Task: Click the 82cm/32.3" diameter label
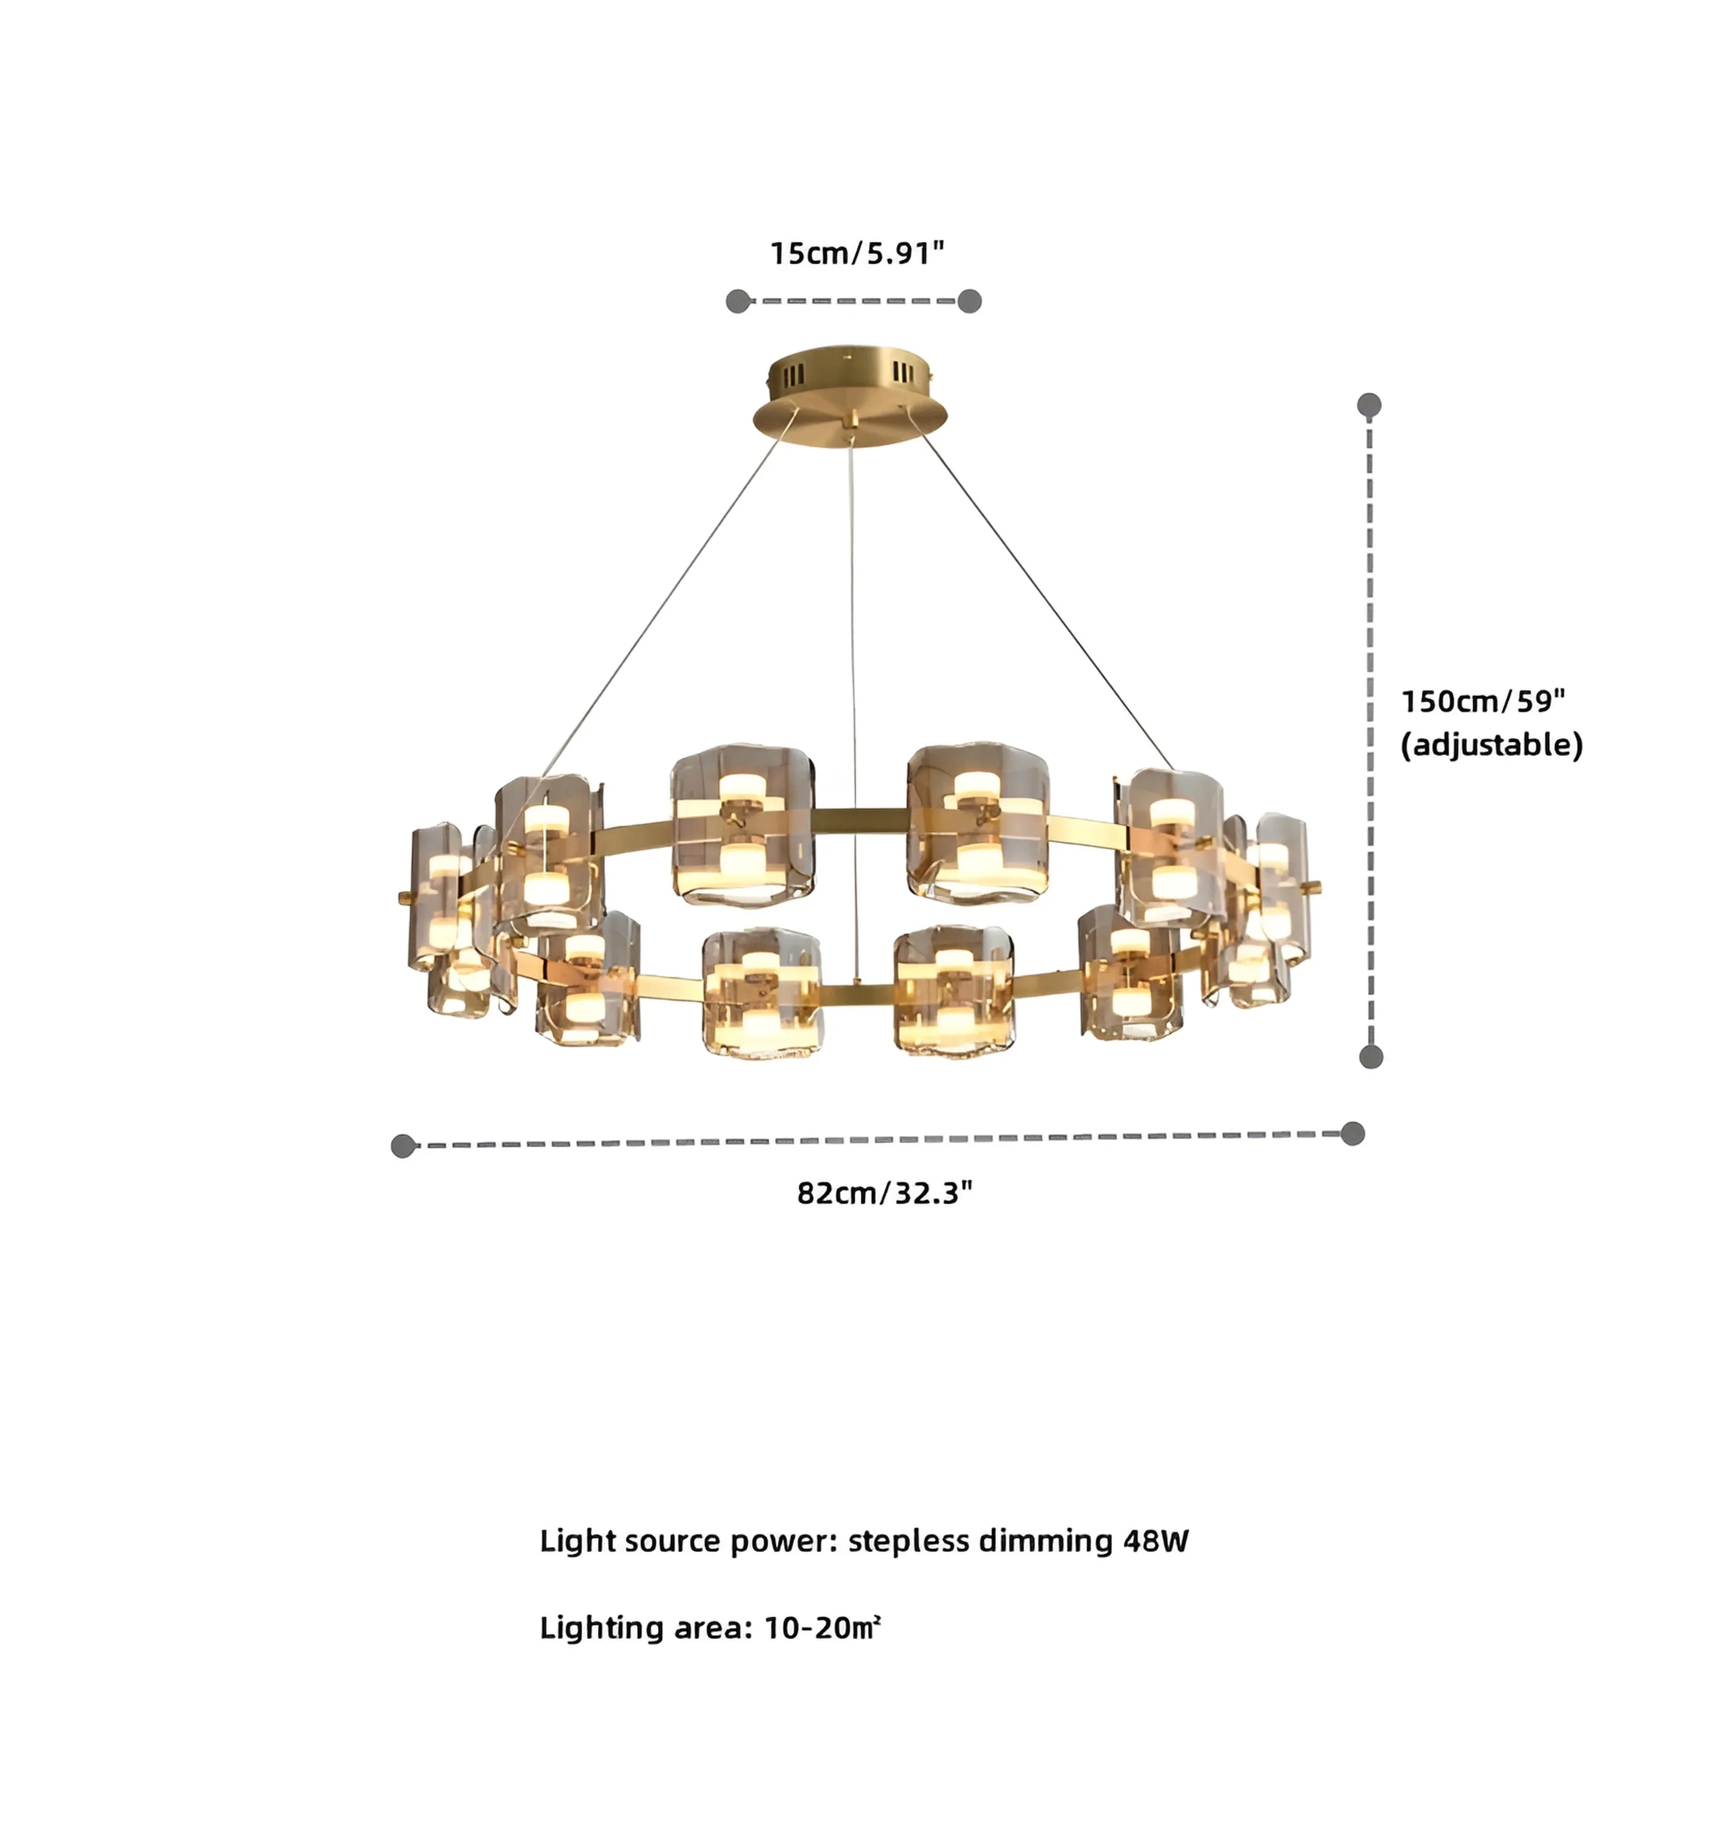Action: [x=884, y=1193]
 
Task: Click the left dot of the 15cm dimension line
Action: [x=738, y=301]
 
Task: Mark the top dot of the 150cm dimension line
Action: [x=1369, y=405]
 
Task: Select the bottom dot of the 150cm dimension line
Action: [x=1370, y=1057]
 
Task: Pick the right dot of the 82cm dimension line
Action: [x=1352, y=1133]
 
